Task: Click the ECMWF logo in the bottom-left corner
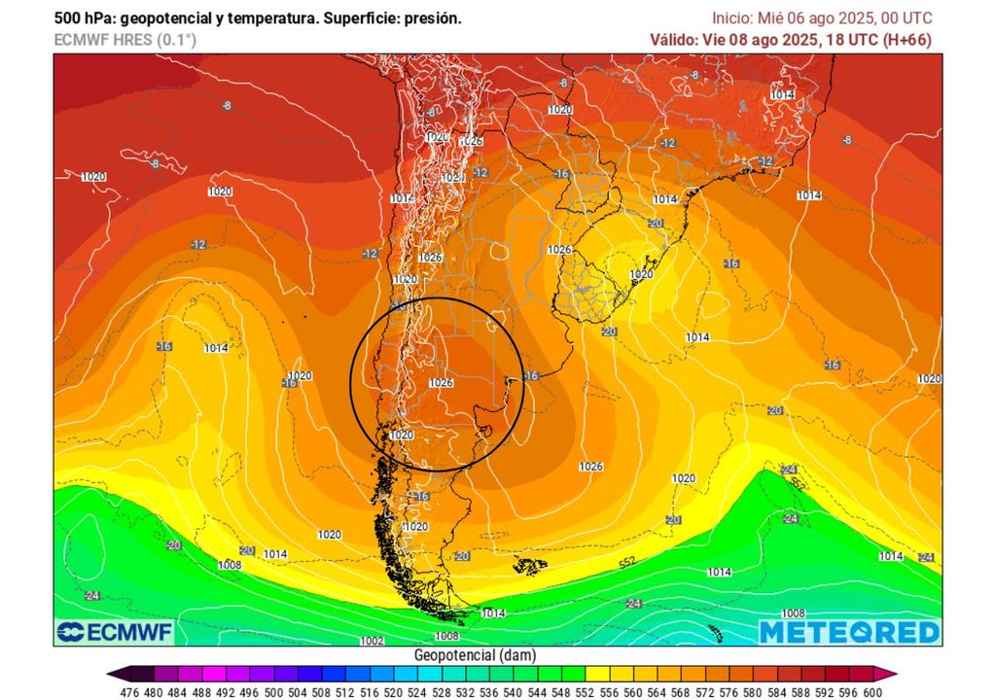tap(114, 632)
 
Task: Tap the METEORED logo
tap(849, 632)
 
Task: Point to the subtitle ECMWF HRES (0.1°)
tap(124, 40)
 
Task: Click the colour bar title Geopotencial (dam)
tap(475, 656)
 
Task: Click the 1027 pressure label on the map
tap(452, 178)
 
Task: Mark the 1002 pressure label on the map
tap(372, 641)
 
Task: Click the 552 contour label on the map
tap(627, 563)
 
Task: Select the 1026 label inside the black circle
tap(441, 382)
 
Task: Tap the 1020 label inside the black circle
tap(401, 436)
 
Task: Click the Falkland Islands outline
tap(529, 565)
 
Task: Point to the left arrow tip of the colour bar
tap(110, 673)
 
